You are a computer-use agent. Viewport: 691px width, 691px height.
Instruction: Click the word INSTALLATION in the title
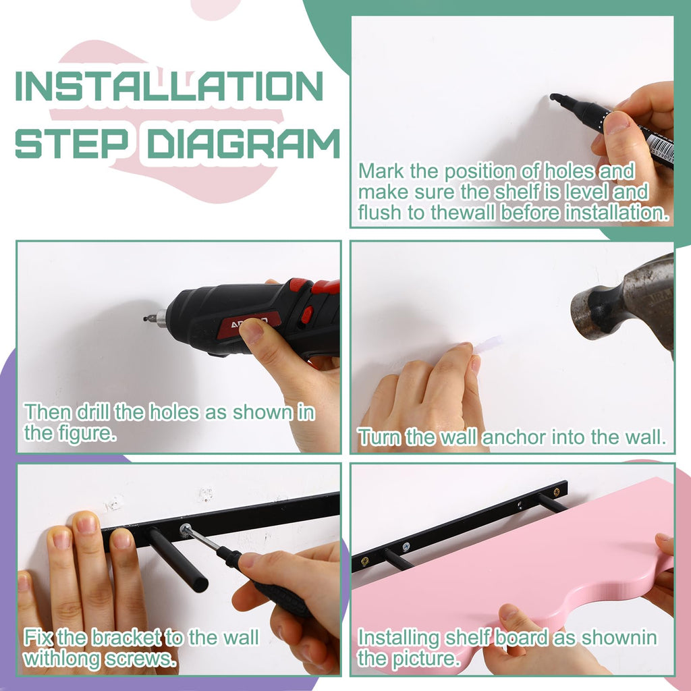[169, 86]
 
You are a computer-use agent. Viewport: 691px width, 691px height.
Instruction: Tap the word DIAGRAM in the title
[243, 144]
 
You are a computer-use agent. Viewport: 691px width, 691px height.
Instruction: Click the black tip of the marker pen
[556, 98]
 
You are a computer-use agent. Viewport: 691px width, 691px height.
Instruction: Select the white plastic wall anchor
[489, 343]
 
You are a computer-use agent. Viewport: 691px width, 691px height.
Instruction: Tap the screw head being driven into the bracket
[185, 530]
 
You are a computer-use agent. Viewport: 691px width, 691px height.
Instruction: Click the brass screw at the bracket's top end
[557, 491]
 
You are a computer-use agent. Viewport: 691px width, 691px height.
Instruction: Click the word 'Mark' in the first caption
[381, 171]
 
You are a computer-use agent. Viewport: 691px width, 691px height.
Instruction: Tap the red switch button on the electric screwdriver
[307, 314]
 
